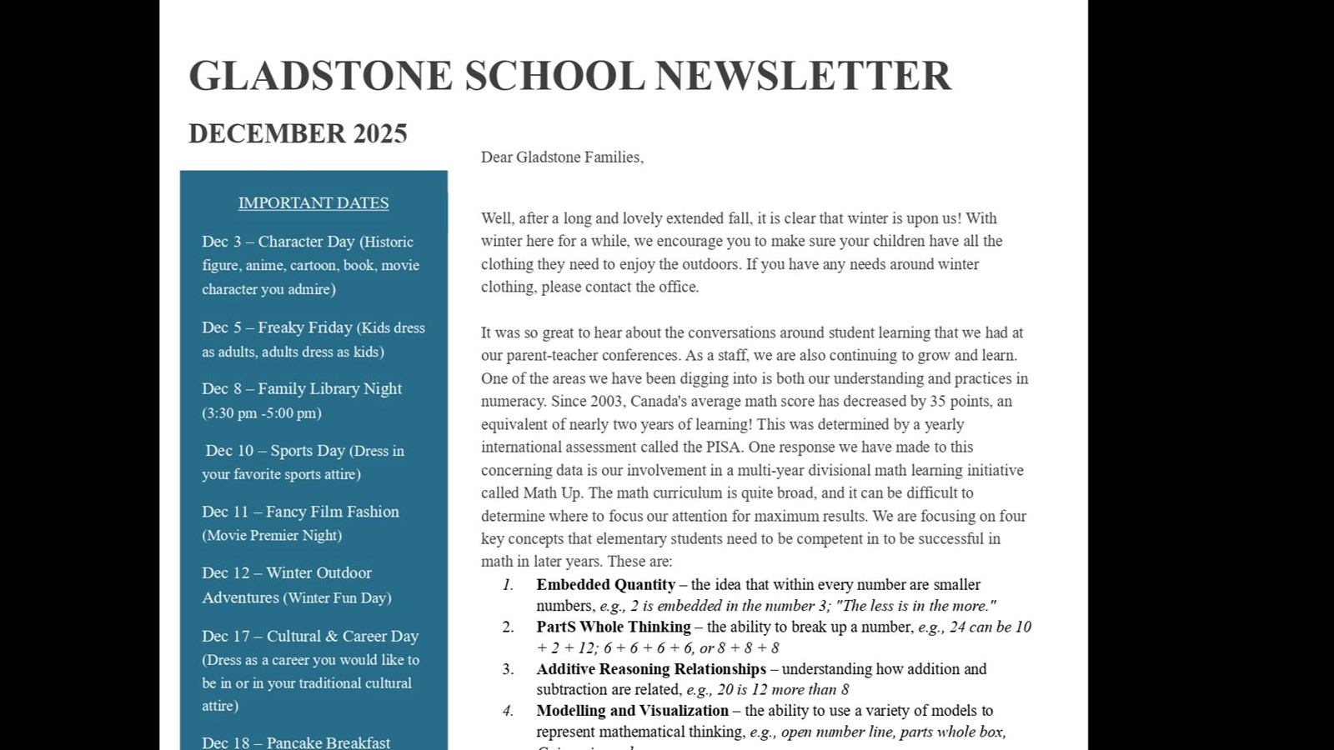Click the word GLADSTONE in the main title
point(320,76)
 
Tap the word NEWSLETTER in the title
point(802,76)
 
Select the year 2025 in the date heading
point(379,133)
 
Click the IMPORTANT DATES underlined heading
point(313,202)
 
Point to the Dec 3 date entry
point(221,242)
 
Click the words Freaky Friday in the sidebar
point(305,327)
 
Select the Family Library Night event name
point(329,388)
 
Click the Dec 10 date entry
point(229,451)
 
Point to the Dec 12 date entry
point(225,573)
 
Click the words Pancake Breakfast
point(328,742)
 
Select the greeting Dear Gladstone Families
point(562,157)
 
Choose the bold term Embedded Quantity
point(605,584)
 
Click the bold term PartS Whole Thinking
point(613,627)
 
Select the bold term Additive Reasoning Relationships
point(650,668)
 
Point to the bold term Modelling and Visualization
point(632,710)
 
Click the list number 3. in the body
point(508,668)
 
